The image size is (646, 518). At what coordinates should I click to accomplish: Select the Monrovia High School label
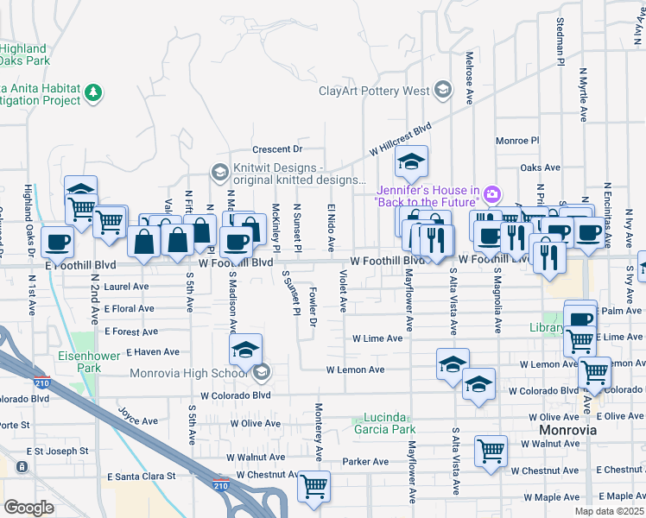pyautogui.click(x=188, y=374)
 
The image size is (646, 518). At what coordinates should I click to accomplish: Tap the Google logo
pyautogui.click(x=28, y=508)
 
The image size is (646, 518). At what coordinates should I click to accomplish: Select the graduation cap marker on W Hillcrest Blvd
pyautogui.click(x=412, y=161)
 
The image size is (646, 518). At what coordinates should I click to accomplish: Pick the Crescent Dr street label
pyautogui.click(x=276, y=149)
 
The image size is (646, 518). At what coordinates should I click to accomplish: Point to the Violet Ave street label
pyautogui.click(x=343, y=290)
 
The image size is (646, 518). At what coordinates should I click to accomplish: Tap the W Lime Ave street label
pyautogui.click(x=377, y=338)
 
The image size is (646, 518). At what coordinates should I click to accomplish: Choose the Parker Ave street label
pyautogui.click(x=363, y=462)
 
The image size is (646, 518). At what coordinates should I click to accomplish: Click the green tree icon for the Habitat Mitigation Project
pyautogui.click(x=94, y=92)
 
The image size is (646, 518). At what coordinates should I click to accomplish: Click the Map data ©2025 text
pyautogui.click(x=609, y=511)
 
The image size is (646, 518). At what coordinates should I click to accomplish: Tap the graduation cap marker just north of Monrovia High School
pyautogui.click(x=245, y=350)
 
